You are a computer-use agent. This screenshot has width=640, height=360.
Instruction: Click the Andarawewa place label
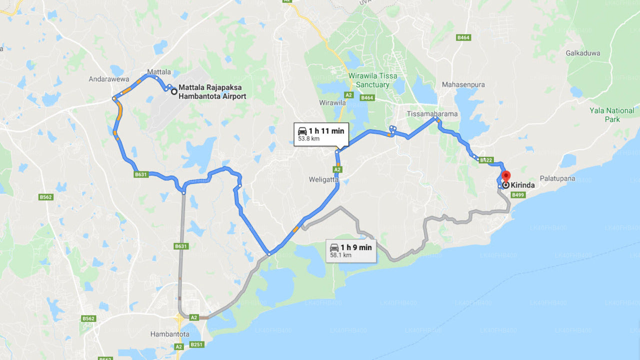(x=109, y=79)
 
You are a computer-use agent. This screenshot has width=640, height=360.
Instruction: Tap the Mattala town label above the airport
(x=159, y=72)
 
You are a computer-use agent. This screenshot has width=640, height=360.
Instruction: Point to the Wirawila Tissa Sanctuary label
(x=373, y=80)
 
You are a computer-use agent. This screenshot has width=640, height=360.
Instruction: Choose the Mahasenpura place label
(x=463, y=84)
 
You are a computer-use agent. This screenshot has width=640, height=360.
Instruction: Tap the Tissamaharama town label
(x=432, y=113)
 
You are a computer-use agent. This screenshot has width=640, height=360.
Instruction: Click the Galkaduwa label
(x=583, y=53)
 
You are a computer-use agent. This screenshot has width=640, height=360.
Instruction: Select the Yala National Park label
(x=612, y=114)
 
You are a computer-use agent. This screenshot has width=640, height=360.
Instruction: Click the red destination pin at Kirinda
(x=505, y=176)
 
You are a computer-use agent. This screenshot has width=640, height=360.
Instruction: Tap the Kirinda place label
(x=522, y=185)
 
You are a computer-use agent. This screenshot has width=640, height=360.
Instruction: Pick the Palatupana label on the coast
(x=557, y=178)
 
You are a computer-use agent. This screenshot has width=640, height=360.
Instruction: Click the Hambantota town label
(x=169, y=333)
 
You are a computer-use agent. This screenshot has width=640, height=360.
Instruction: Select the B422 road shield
(x=486, y=160)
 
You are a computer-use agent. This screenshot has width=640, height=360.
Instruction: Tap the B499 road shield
(x=518, y=195)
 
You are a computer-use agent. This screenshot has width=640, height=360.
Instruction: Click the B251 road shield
(x=196, y=344)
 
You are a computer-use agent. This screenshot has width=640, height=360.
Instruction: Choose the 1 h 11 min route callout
(x=321, y=134)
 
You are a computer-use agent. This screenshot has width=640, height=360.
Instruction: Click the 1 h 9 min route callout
(x=350, y=250)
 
